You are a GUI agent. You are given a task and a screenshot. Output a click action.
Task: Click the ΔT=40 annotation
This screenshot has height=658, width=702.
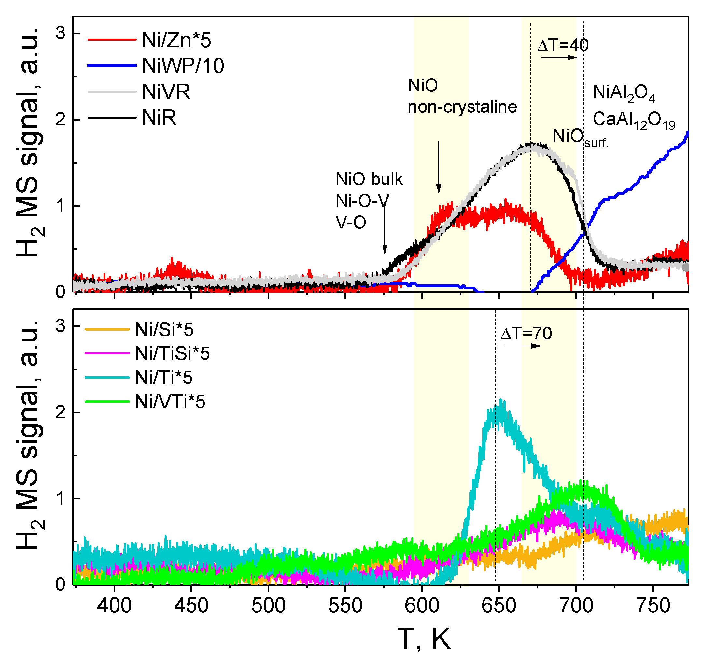pos(563,45)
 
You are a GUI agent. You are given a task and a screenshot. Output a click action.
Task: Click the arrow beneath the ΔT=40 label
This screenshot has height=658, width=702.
pos(559,58)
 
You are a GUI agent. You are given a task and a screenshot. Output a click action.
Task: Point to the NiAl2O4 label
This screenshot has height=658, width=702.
pos(624,93)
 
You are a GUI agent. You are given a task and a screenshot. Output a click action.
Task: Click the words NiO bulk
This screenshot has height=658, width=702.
pos(369,179)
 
